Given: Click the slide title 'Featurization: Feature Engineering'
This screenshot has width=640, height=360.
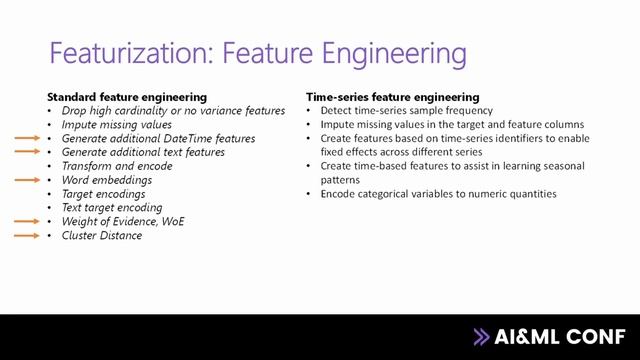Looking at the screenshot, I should click(x=257, y=51).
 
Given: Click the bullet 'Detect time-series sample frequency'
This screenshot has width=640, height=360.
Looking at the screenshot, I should click(x=406, y=110).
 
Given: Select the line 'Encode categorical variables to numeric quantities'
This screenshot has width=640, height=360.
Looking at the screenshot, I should click(x=438, y=194).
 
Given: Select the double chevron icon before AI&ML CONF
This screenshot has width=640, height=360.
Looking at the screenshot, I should click(x=482, y=337).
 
